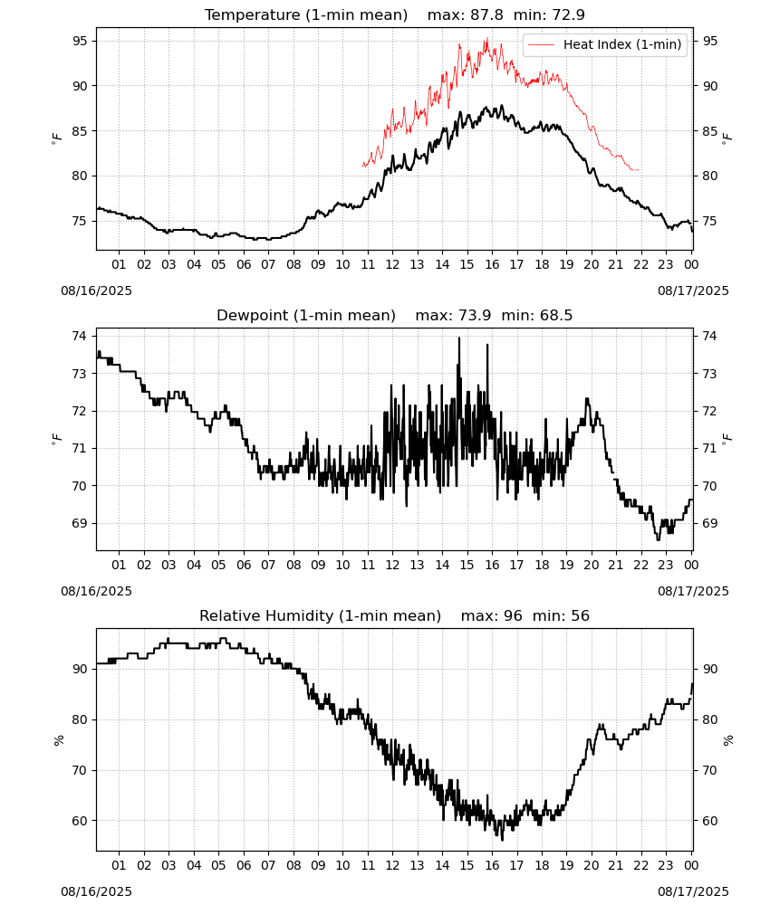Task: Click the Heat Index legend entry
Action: coord(605,44)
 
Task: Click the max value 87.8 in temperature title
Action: coord(486,14)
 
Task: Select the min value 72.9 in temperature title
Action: coord(568,14)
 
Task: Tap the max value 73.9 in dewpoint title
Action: coord(475,315)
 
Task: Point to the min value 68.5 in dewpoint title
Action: coord(556,315)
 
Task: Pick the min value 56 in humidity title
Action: coord(580,615)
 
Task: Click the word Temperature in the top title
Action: coord(253,15)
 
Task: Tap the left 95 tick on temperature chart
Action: coord(80,41)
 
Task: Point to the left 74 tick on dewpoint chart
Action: coord(80,336)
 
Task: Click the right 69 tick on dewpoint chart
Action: coord(709,523)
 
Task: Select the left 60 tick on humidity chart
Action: coord(80,821)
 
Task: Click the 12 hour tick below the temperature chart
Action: coord(392,264)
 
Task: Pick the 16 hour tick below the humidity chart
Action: coord(492,865)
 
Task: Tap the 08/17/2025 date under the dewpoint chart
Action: coord(693,591)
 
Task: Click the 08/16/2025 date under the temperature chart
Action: coord(96,291)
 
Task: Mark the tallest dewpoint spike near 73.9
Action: coord(459,338)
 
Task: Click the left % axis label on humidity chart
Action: coord(58,740)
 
